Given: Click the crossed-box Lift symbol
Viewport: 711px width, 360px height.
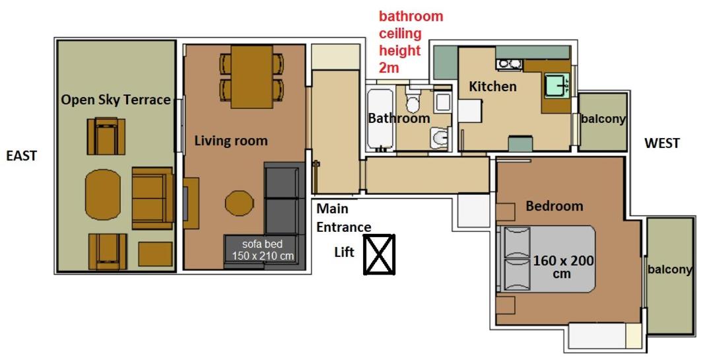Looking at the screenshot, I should click(x=379, y=254).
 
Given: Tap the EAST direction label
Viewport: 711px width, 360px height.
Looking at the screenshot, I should click(x=22, y=156).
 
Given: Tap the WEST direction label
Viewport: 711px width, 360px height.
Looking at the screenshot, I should click(x=661, y=143).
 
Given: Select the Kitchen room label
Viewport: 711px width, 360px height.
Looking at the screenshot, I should click(x=492, y=87).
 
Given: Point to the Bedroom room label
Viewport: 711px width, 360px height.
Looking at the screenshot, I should click(x=554, y=206).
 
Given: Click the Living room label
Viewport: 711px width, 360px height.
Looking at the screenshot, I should click(x=231, y=141).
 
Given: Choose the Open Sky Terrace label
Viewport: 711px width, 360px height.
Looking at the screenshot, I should click(x=116, y=100).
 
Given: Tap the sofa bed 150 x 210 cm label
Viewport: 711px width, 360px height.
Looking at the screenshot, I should click(x=263, y=250).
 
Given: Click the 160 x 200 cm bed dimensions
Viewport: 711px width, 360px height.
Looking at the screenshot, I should click(x=563, y=267).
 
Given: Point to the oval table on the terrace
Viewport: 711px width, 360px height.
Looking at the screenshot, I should click(x=103, y=192).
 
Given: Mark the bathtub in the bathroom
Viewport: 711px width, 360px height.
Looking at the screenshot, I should click(x=379, y=119).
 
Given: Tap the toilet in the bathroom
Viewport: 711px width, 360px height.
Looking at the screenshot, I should click(x=413, y=103).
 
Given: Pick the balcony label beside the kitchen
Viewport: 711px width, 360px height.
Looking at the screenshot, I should click(x=603, y=120).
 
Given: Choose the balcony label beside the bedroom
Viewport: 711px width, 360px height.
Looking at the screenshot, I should click(x=669, y=270).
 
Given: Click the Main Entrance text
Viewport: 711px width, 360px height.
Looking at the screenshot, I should click(x=343, y=218).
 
